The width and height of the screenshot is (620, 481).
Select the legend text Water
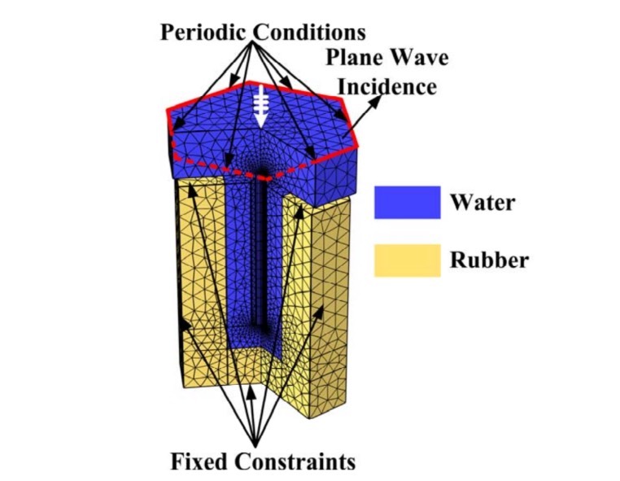(482, 202)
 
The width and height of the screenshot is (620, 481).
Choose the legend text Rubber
(489, 260)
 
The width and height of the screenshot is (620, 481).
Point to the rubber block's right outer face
(330, 309)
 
